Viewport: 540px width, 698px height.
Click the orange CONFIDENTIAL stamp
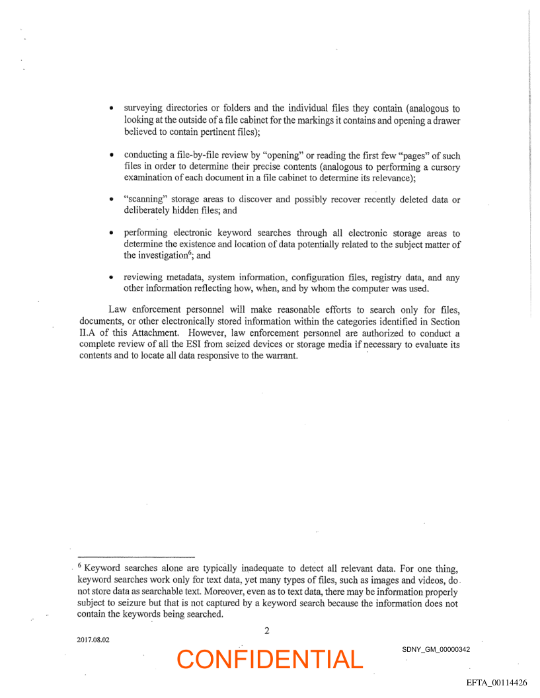coord(270,659)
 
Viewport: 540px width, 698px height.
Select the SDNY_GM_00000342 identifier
coord(436,649)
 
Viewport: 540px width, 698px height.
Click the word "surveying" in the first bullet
coord(145,108)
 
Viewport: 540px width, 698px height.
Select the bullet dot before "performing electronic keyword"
coord(113,234)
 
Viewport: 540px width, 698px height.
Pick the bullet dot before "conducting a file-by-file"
coord(113,155)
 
